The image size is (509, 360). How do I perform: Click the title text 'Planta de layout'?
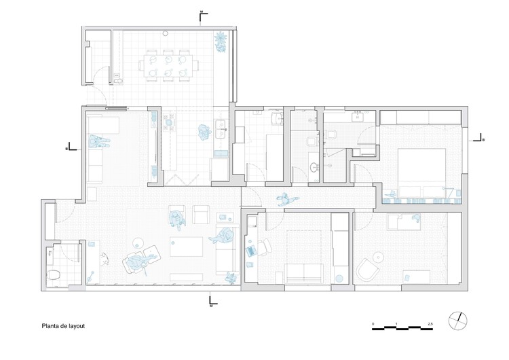tap(63, 325)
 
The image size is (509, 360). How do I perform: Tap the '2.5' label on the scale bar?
tap(430, 322)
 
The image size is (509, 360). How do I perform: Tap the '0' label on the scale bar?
tap(373, 322)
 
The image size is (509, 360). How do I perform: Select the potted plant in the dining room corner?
tap(221, 40)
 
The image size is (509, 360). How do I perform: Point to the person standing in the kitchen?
tap(204, 131)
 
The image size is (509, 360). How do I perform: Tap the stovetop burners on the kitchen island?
tap(168, 122)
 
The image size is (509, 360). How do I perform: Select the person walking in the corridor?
tap(287, 199)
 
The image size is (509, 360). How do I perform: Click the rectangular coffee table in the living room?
tap(187, 246)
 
